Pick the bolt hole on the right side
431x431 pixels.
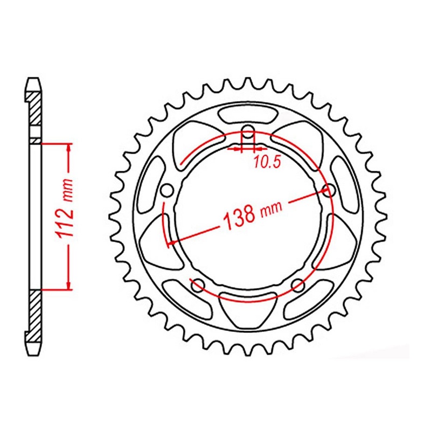click(328, 189)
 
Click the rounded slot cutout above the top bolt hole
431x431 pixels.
click(247, 114)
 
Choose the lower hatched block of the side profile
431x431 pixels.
click(33, 312)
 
